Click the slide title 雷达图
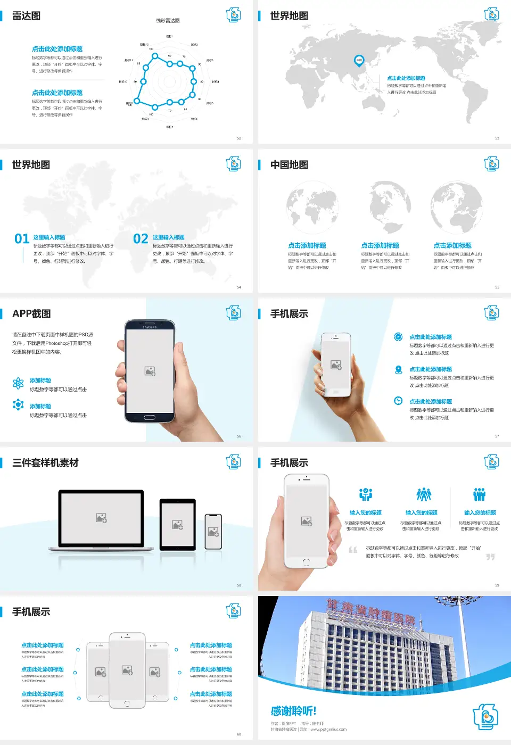(26, 16)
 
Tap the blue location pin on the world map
(359, 60)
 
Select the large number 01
(22, 239)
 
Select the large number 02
(141, 239)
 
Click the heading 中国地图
(289, 165)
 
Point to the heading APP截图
(31, 314)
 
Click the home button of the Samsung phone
(150, 418)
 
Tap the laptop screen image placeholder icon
(101, 517)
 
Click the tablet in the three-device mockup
(178, 525)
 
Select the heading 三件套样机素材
(45, 463)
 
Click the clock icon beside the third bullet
(398, 401)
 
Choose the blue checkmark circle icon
(398, 336)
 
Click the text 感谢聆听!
(293, 711)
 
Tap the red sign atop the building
(370, 611)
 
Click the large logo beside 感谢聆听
(485, 717)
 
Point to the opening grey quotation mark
(353, 550)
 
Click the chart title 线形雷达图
(168, 21)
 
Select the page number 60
(239, 734)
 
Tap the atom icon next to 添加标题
(18, 383)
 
